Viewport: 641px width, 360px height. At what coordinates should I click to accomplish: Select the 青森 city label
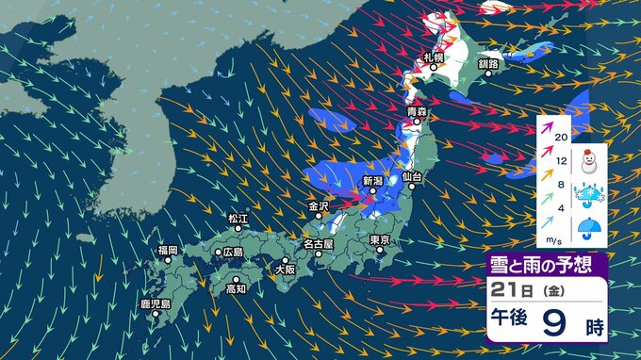coord(418,113)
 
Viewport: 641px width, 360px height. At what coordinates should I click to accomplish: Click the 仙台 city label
coord(411,176)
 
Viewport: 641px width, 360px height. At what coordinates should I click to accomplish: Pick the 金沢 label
coord(319,205)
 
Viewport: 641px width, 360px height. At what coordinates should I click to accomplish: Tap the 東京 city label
coord(382,240)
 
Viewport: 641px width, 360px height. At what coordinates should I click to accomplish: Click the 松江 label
coord(238,220)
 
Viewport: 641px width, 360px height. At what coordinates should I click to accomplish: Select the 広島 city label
coord(232,252)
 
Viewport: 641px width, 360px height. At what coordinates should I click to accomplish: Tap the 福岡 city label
coord(168,250)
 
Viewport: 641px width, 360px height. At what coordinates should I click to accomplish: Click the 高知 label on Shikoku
coord(237,289)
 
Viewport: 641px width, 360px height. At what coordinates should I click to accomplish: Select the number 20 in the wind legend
coord(561,138)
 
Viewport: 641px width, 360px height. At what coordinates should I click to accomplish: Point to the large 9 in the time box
coord(551,325)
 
